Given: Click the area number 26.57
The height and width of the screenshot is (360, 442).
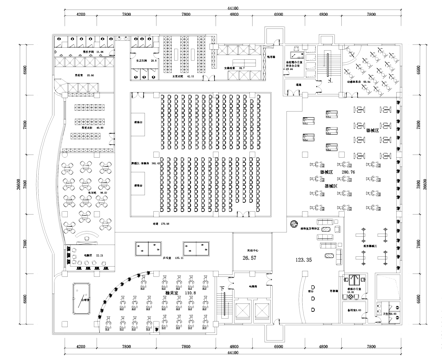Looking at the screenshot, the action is (x=247, y=259).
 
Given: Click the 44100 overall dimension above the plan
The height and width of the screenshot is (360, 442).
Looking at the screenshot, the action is (x=232, y=6).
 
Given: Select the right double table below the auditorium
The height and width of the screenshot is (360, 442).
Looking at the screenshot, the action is (x=201, y=246).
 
